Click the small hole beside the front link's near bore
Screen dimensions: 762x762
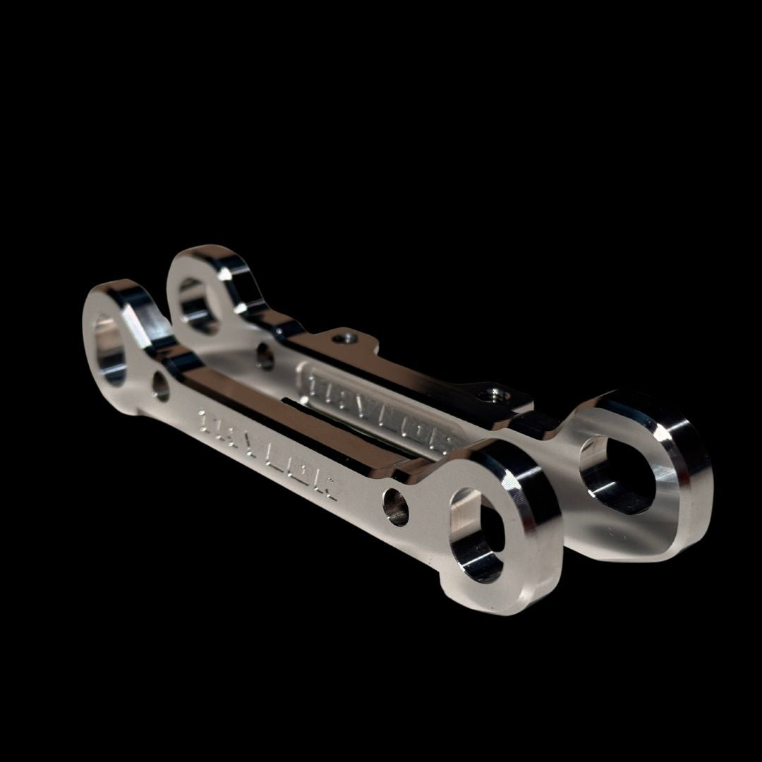point(396,507)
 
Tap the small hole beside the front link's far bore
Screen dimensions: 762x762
point(160,386)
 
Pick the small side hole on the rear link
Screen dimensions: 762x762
point(265,357)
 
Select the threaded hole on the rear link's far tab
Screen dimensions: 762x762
point(344,339)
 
